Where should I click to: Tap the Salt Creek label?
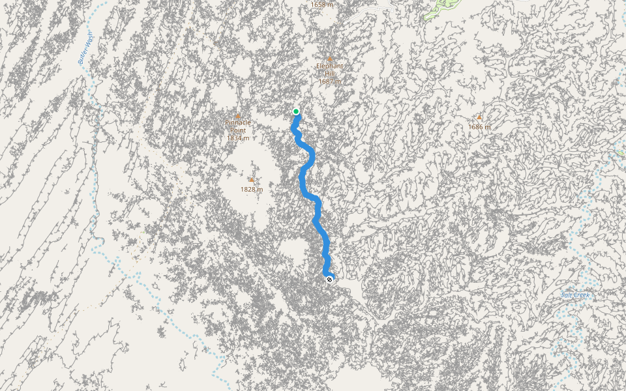tap(575, 295)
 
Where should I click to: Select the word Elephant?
tap(330, 66)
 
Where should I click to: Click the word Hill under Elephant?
tap(330, 74)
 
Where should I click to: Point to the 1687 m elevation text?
tap(330, 81)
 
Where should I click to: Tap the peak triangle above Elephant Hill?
tap(330, 59)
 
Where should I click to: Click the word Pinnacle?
tap(238, 123)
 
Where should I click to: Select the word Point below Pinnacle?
tap(238, 130)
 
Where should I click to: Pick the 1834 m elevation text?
tap(238, 138)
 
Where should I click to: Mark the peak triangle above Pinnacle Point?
tap(238, 116)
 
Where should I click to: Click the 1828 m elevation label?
tap(252, 189)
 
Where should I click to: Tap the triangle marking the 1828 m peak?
tap(252, 180)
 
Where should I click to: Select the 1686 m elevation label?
tap(479, 126)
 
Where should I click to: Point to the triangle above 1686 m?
tap(479, 117)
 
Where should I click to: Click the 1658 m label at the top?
tap(321, 5)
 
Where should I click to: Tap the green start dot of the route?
tap(296, 111)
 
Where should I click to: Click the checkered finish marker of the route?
tap(330, 280)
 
